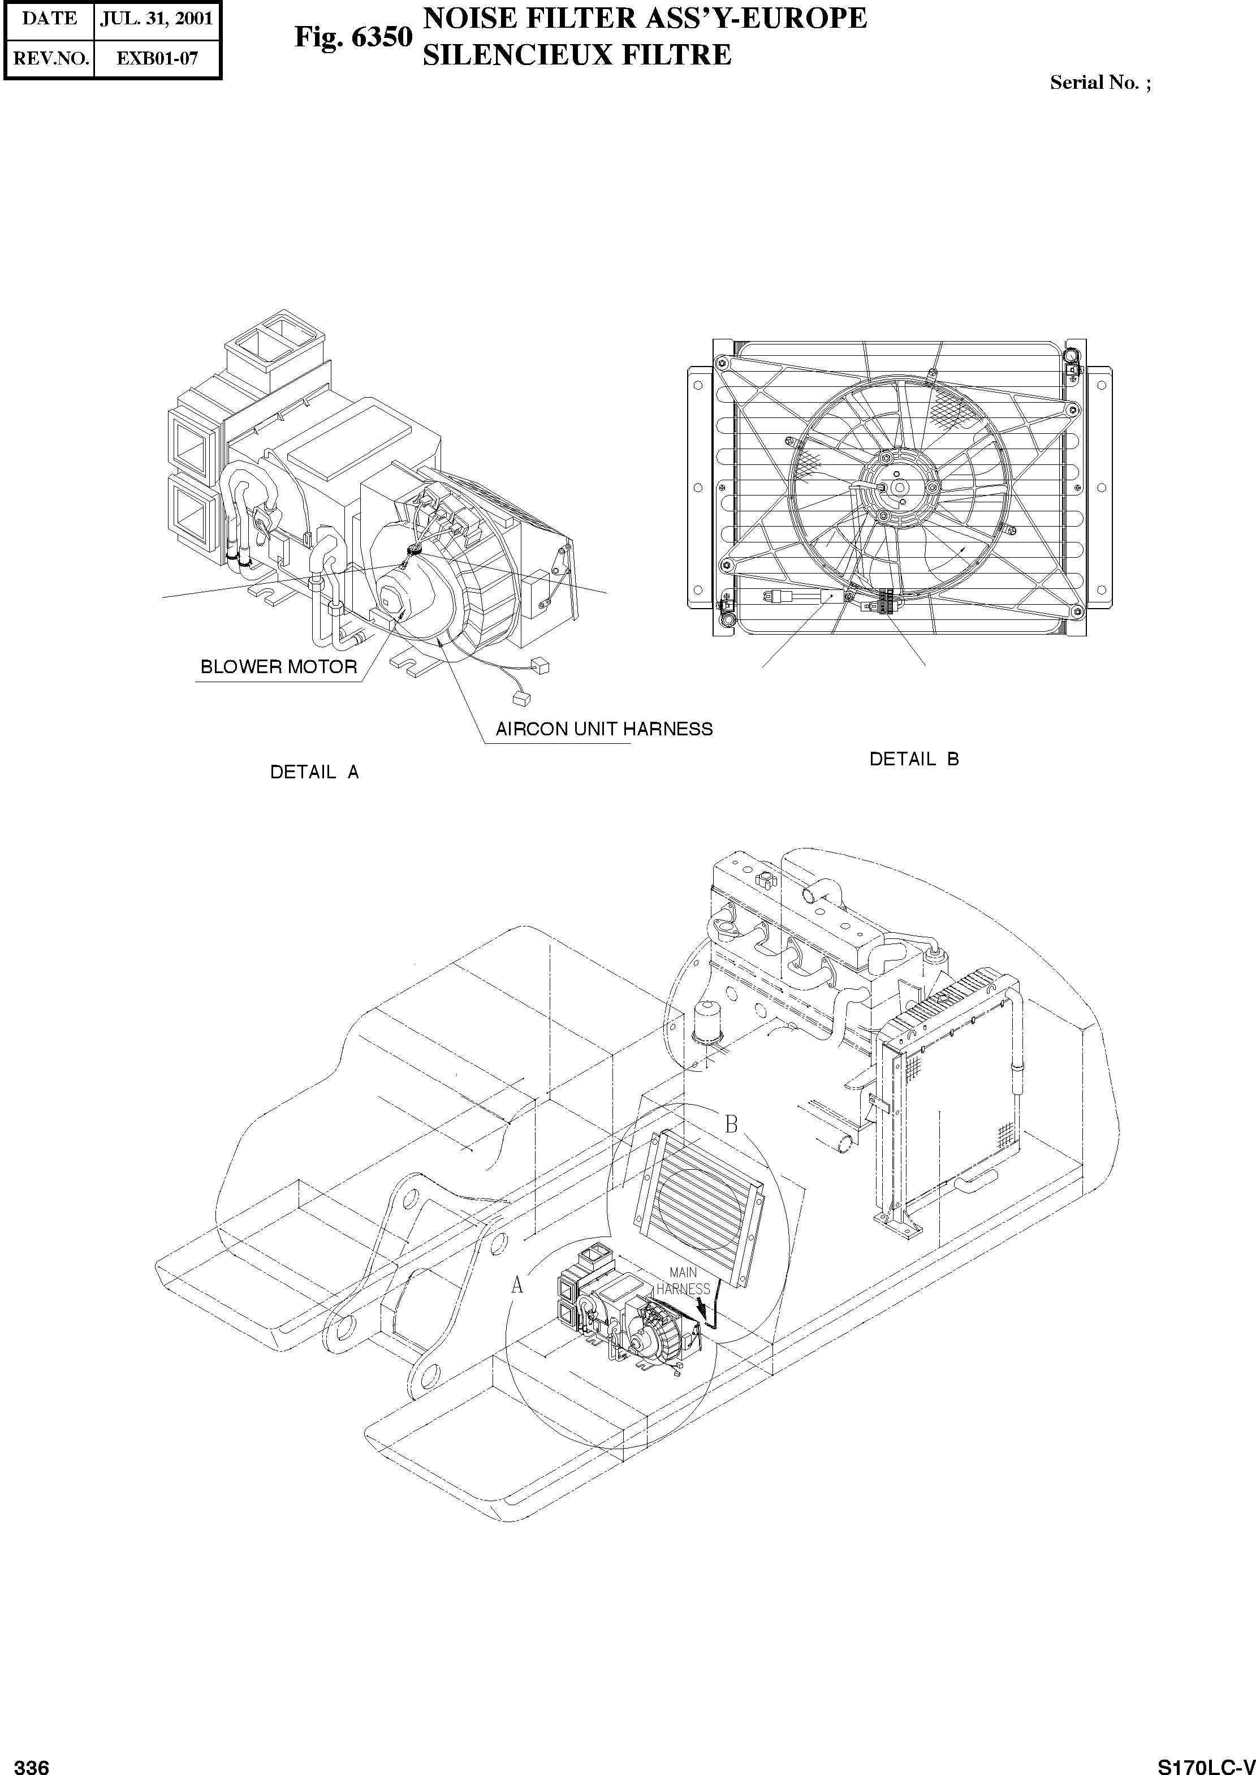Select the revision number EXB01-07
tap(157, 58)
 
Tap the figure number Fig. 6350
tap(353, 37)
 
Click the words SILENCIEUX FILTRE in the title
tap(576, 55)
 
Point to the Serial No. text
tap(1099, 83)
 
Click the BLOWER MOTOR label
tap(278, 667)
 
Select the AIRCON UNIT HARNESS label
tap(604, 729)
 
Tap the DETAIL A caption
tap(314, 772)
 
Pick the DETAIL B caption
tap(914, 759)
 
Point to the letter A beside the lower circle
tap(517, 1285)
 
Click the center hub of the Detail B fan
tap(899, 486)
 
